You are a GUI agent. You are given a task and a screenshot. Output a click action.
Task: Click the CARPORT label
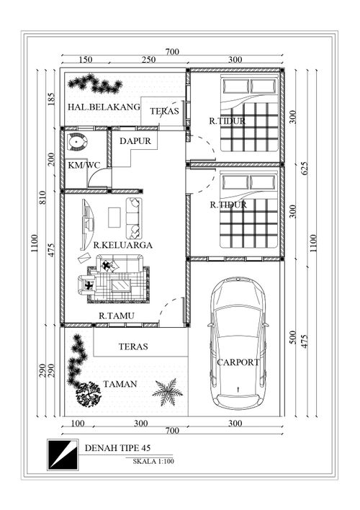tap(238, 362)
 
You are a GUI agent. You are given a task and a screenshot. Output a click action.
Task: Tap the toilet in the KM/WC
tap(77, 142)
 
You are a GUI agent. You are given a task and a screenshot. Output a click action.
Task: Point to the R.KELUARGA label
tap(123, 245)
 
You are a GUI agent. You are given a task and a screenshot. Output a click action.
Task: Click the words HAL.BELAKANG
tap(104, 107)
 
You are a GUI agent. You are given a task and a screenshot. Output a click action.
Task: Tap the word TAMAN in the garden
tap(120, 384)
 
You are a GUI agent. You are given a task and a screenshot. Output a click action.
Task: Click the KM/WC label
tap(84, 165)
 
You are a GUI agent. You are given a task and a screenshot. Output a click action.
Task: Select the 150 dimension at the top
tap(86, 60)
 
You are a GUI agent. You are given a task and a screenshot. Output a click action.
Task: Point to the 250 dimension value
tap(148, 60)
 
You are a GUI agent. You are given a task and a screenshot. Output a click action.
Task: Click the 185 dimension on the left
tap(52, 99)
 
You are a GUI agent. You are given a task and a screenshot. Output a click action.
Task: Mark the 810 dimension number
tap(42, 197)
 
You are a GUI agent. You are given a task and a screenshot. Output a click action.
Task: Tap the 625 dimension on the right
tap(305, 168)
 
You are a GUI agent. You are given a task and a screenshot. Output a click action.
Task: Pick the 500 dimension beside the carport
tap(293, 338)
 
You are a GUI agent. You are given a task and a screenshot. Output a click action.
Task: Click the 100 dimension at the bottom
tap(77, 423)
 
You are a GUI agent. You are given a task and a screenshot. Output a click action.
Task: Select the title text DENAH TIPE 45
tap(117, 448)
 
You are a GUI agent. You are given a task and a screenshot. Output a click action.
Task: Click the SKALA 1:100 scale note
tap(153, 461)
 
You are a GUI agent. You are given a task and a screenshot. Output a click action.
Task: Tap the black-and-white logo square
tap(63, 455)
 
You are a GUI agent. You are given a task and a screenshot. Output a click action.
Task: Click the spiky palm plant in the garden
tap(167, 392)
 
